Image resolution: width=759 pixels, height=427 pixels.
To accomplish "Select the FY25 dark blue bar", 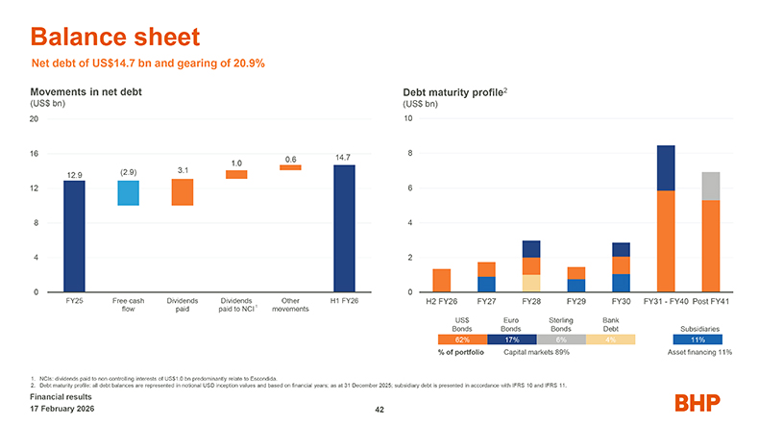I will [x=74, y=236].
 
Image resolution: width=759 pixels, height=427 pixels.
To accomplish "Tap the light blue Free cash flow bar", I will [x=128, y=192].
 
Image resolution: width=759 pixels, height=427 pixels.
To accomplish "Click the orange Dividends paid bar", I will [x=183, y=191].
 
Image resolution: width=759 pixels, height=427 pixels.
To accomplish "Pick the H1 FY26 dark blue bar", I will [x=344, y=228].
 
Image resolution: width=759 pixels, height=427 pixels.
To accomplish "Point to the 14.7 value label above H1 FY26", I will [x=344, y=157].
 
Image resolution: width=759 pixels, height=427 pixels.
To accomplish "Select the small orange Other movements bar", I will [x=290, y=167].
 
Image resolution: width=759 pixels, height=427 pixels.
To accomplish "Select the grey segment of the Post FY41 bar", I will [x=711, y=186].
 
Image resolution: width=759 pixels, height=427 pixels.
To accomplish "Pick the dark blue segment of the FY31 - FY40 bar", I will [x=665, y=167].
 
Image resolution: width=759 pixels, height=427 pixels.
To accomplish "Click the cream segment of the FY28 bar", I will [x=531, y=283].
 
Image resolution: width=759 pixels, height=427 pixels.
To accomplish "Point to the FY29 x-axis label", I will [x=576, y=301].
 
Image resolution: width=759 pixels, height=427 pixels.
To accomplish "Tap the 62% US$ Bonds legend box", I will [x=462, y=339].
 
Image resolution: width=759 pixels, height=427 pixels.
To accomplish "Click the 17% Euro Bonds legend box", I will [x=511, y=339].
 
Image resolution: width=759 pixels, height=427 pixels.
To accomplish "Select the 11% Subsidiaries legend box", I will [x=698, y=339].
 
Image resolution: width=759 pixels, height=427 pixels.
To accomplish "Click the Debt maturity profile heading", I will [x=453, y=92].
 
